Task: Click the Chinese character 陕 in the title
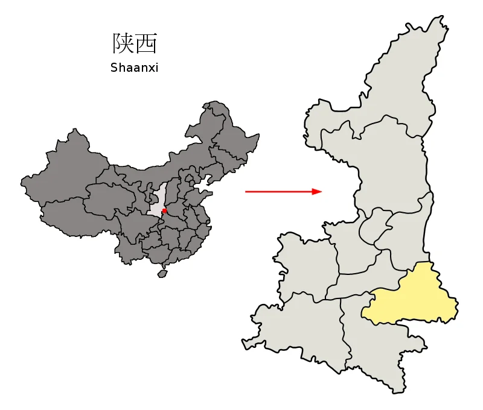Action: coord(123,43)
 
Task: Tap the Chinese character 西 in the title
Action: coord(147,43)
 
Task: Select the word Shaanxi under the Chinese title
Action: coord(134,68)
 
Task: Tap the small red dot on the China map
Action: coord(164,211)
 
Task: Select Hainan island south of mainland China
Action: coord(162,273)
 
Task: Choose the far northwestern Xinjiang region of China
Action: coord(66,163)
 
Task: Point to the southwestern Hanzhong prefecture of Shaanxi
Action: coord(302,326)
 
